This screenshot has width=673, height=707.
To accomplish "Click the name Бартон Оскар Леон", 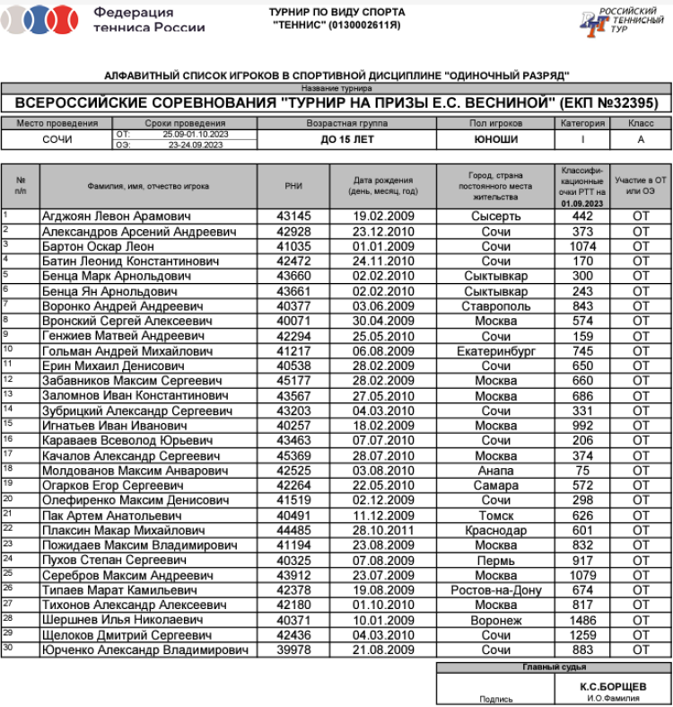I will tap(98, 246).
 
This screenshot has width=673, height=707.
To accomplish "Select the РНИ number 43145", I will tap(293, 217).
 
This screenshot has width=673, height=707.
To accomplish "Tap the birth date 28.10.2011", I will tap(383, 531).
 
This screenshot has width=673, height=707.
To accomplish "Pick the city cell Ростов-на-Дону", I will tap(495, 590).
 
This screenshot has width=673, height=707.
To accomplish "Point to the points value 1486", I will tap(582, 620).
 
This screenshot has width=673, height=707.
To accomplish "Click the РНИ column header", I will tap(293, 186).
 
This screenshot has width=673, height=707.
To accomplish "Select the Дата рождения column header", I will tap(383, 186).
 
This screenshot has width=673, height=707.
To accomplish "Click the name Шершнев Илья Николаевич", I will tap(122, 620).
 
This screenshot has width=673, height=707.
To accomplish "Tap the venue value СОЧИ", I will tap(57, 140).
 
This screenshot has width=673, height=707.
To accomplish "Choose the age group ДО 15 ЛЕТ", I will tap(347, 140).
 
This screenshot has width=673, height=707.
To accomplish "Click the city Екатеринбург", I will tap(495, 351).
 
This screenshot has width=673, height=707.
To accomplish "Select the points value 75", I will tap(582, 471).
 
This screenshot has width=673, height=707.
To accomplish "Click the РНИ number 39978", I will tap(293, 650).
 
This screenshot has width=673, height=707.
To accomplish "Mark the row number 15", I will tap(7, 425).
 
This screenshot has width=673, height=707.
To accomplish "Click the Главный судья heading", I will tap(554, 667).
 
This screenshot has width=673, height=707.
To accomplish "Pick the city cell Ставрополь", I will tap(495, 306).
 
